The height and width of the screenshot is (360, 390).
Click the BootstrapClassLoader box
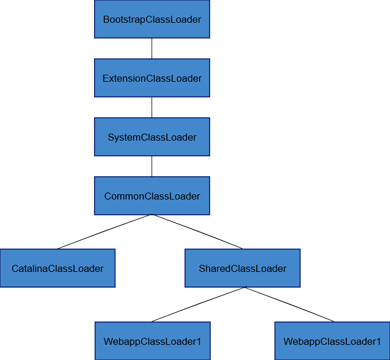coord(152,19)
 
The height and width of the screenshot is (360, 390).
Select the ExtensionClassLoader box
coord(152,78)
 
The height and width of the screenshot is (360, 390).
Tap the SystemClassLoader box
coord(152,137)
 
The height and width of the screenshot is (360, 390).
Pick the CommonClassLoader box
coord(152,196)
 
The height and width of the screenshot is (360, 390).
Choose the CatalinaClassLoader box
coord(57,268)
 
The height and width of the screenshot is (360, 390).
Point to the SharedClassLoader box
coord(242,268)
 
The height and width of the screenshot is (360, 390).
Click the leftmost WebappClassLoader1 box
coord(152,341)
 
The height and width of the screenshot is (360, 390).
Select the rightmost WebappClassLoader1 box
coord(332,341)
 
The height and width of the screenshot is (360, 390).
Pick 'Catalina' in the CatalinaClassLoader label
coord(29,268)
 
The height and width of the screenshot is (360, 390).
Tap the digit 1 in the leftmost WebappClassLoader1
coord(199,341)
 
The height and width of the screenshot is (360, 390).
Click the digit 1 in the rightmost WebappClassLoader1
coord(378,341)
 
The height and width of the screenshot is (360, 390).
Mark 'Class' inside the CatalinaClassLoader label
coord(61,268)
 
